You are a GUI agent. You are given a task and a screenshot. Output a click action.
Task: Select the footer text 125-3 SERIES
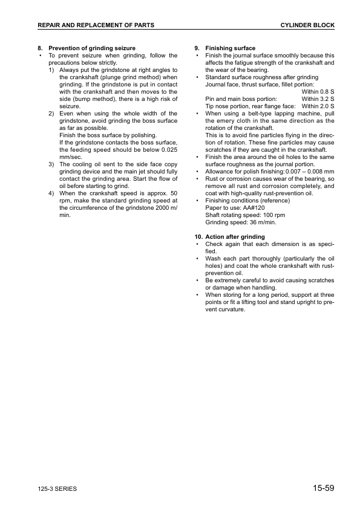pos(57,489)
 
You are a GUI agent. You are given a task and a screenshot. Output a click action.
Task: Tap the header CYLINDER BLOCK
pos(307,25)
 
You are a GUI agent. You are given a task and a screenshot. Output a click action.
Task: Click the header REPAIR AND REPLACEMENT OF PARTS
pos(96,25)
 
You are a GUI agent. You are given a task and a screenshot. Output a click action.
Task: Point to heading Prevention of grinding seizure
pos(92,48)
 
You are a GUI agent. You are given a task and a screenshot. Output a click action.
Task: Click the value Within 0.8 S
pos(318,91)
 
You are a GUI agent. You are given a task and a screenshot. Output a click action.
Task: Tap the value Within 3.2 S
pos(318,99)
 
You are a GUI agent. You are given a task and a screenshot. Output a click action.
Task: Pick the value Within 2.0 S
pos(318,106)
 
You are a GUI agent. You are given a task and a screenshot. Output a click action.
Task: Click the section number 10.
pos(198,236)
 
